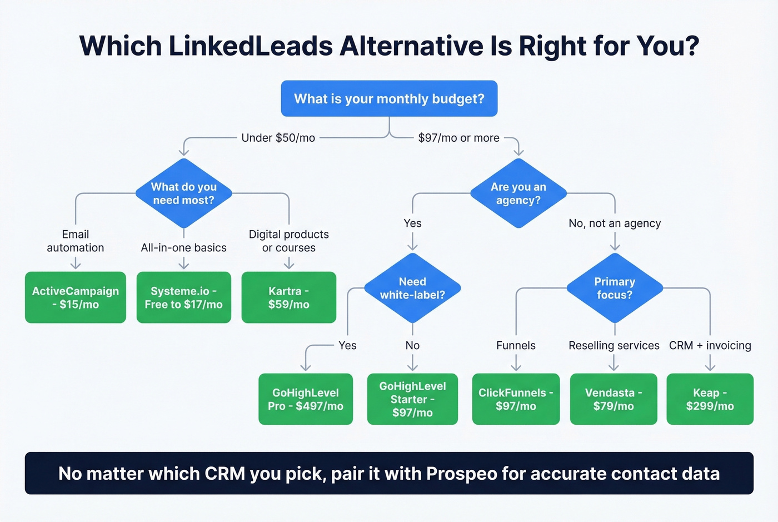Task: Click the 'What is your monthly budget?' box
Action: (389, 99)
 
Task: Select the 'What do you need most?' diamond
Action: (183, 193)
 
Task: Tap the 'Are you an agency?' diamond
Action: (518, 193)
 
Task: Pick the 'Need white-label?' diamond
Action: (412, 289)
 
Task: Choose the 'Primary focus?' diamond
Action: (615, 289)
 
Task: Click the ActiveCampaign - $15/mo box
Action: (76, 297)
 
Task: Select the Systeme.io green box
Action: (183, 297)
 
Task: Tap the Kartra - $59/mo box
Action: (288, 297)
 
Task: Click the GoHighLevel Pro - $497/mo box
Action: (306, 399)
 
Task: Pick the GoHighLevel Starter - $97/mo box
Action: (412, 399)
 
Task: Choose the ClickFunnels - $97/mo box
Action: (516, 399)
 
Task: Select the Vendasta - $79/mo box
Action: (614, 399)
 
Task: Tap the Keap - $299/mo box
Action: (710, 399)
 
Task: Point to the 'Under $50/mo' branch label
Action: (278, 138)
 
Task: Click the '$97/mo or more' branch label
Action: (458, 138)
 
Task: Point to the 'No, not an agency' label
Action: (615, 223)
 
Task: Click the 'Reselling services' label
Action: (614, 346)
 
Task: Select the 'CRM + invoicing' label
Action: (710, 346)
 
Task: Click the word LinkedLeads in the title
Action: (251, 46)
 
